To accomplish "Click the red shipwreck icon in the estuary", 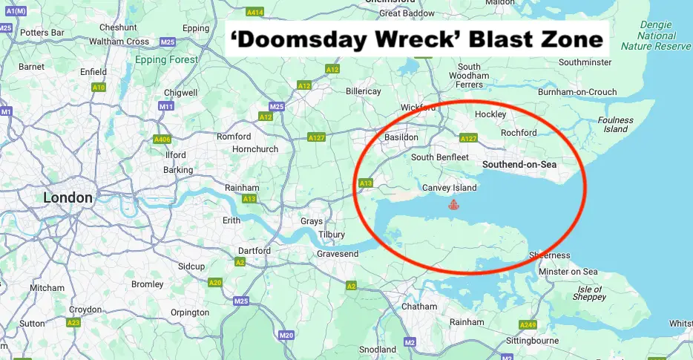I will coord(454,204).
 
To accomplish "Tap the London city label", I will coord(68,197).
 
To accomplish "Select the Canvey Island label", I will coord(449,188).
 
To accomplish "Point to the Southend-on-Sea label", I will coord(519,163).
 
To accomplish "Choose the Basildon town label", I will coord(401,137).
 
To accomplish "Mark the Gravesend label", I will coord(338,254).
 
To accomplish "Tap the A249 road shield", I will coord(528,324).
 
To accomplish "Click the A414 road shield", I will coord(255,13).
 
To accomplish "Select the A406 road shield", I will coord(161,139).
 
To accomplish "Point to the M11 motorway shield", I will coord(166,106).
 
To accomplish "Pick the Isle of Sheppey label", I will coord(589,293).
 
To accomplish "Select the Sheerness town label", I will coord(550,255).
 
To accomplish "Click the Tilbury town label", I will coord(331,235).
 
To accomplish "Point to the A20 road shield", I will coord(215,282).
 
